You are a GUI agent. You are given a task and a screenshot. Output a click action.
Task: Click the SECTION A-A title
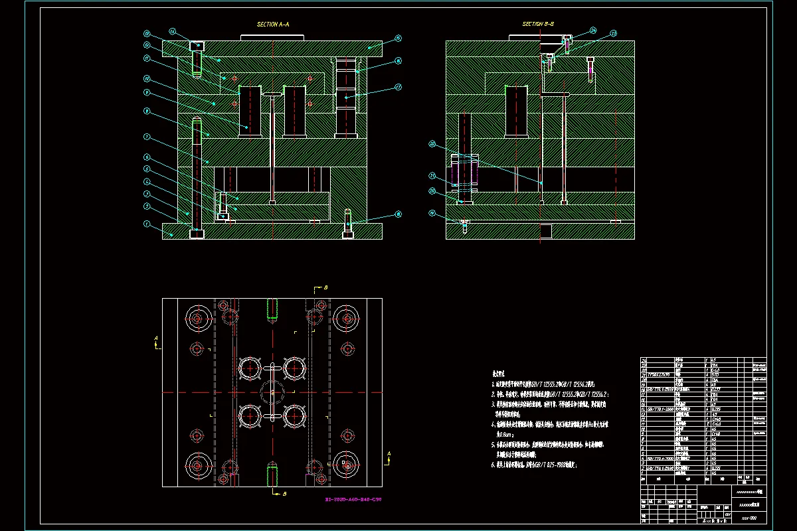point(273,25)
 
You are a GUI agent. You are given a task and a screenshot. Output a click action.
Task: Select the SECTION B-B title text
point(538,25)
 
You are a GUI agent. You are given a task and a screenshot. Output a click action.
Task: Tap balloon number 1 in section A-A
point(146,224)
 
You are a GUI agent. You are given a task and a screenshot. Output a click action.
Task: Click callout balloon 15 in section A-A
point(398,38)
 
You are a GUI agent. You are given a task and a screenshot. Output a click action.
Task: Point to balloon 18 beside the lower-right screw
point(398,214)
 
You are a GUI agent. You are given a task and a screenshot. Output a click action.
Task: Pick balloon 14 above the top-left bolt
point(171,31)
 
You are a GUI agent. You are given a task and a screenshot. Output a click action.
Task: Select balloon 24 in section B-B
point(593,30)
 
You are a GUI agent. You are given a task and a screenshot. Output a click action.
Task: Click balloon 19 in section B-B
point(432,214)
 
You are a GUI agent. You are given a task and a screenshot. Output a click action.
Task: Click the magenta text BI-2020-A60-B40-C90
point(353,499)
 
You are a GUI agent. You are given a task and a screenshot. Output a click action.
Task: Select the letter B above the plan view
point(325,288)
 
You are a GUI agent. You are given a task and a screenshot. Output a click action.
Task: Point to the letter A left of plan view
point(156,338)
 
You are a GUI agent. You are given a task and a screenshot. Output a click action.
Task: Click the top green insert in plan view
point(272,308)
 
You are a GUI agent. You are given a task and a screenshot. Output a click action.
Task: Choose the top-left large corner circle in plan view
point(198,319)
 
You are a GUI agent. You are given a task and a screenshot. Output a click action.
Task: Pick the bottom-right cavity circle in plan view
point(294,416)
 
